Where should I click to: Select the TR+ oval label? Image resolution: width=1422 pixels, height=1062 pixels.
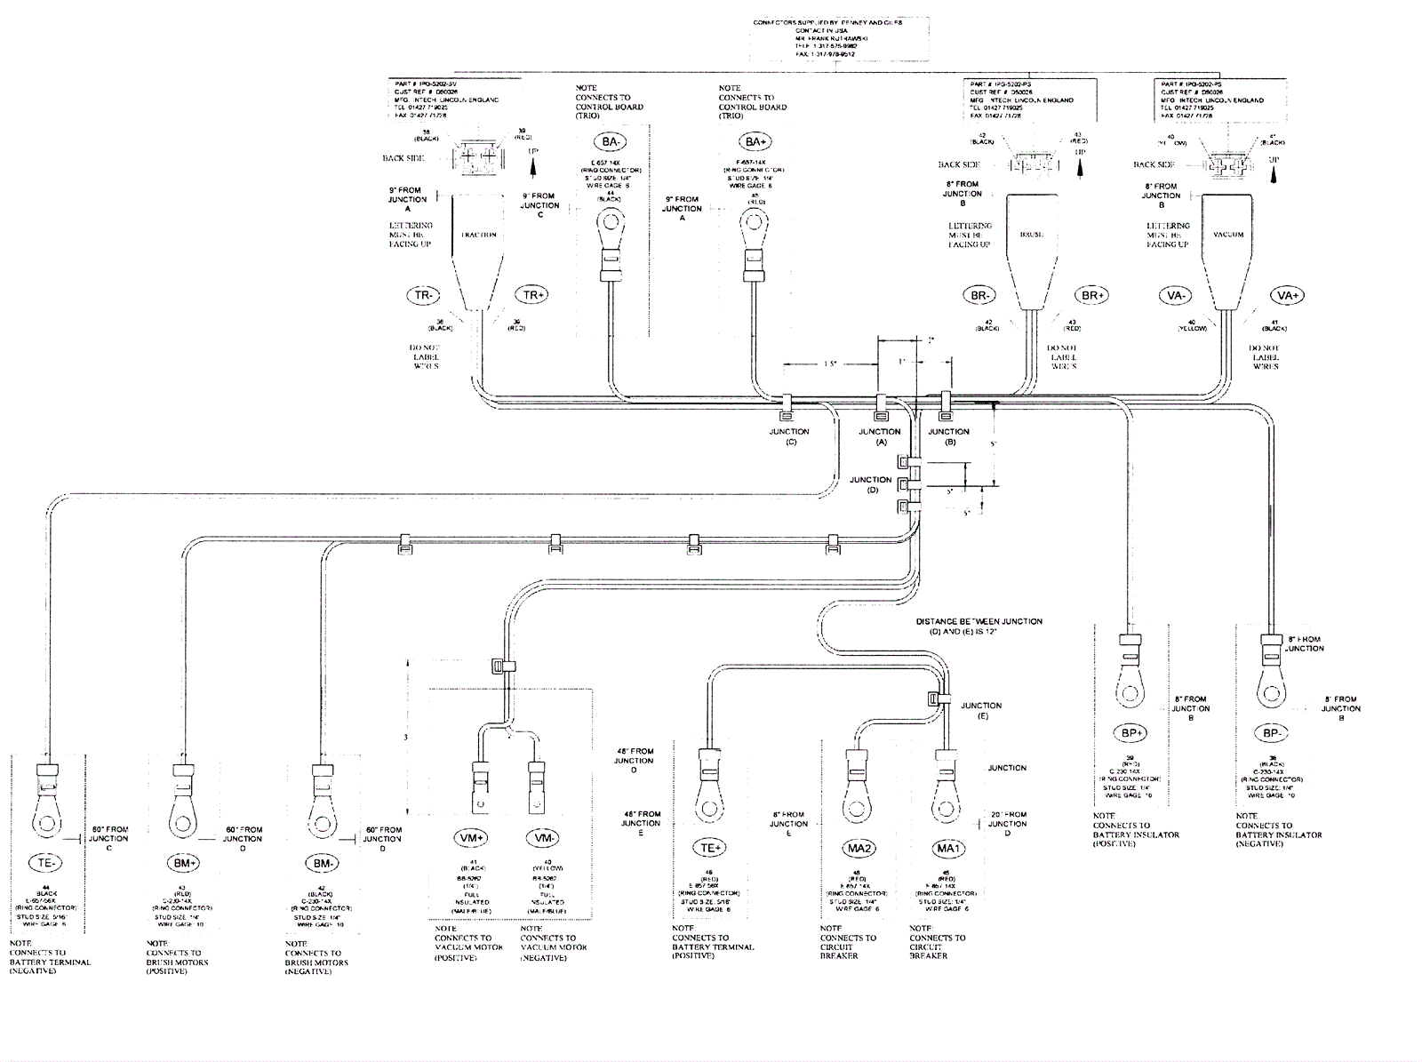534,295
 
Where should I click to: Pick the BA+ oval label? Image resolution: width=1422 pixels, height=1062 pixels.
755,141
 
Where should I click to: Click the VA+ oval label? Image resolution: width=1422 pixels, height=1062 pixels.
1285,295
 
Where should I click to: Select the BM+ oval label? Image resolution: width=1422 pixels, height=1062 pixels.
183,862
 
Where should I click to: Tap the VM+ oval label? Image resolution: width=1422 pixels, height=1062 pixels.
472,838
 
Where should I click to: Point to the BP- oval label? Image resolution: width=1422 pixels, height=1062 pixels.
1272,733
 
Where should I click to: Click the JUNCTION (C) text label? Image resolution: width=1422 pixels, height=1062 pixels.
789,436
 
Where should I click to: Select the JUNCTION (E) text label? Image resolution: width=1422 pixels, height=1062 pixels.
981,710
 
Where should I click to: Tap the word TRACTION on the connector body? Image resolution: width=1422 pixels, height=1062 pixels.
478,235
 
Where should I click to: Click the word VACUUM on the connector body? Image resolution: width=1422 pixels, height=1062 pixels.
1228,235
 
